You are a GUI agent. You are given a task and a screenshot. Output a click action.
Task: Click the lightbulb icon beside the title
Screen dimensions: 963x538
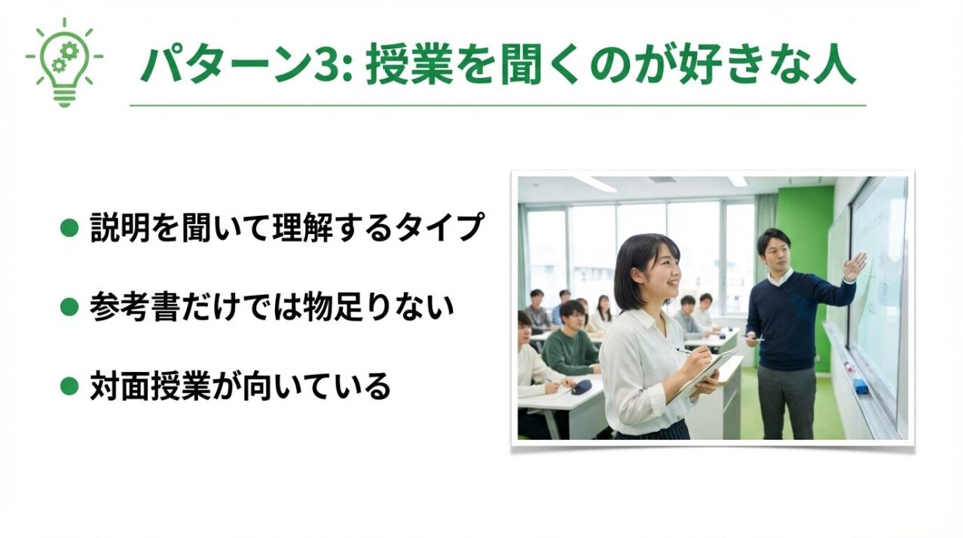coord(65,63)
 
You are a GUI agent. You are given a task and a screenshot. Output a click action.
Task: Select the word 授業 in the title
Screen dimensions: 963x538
coord(410,66)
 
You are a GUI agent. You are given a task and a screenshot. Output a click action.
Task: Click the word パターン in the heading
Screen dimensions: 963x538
coord(226,66)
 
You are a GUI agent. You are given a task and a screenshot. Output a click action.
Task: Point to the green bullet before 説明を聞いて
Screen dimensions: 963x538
coord(69,228)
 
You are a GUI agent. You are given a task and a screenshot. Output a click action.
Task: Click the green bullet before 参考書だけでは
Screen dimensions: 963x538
coord(69,307)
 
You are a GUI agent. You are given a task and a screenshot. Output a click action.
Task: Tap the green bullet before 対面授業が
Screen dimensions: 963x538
coord(69,386)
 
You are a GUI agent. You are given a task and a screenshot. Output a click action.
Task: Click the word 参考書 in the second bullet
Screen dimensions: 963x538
coord(134,307)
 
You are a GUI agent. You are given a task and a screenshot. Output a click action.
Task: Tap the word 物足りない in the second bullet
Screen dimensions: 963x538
coord(378,307)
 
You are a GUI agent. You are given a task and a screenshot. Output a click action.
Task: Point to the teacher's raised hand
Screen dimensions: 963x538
coord(854,266)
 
